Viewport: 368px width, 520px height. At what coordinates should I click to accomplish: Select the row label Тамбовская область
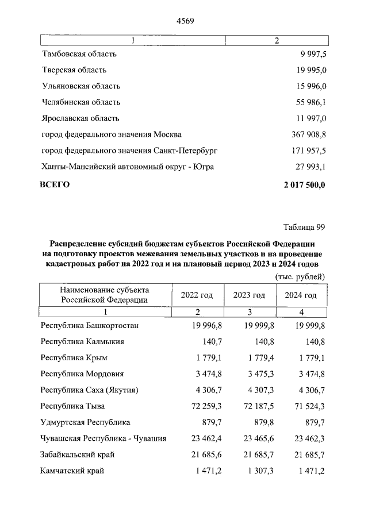tap(79, 54)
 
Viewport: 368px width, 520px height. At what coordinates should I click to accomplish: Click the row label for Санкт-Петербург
tap(129, 151)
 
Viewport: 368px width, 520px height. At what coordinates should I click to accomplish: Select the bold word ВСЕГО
tap(54, 184)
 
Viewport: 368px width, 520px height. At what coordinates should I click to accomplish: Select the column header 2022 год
tap(197, 295)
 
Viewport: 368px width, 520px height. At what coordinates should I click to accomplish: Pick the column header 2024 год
tap(301, 295)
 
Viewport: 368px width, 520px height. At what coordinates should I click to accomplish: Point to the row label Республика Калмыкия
tap(83, 341)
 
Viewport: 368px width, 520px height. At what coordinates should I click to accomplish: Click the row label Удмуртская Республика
tap(86, 422)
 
